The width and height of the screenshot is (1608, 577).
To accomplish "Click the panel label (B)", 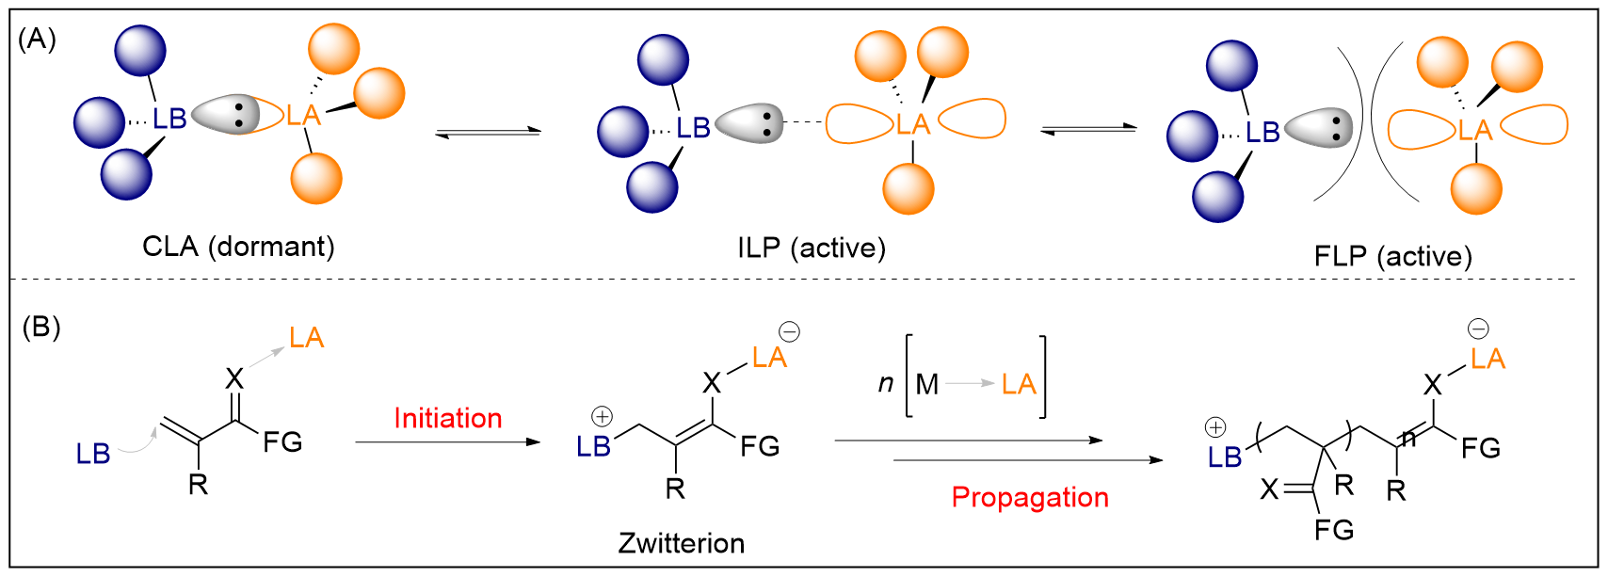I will [x=40, y=327].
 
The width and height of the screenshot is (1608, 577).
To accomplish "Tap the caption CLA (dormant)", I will [x=238, y=247].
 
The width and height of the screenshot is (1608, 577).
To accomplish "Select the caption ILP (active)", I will [x=812, y=248].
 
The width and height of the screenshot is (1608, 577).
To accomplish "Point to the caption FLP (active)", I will [x=1392, y=256].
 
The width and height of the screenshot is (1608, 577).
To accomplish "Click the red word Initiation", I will [x=447, y=418].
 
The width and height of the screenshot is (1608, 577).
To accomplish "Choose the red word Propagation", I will [x=1030, y=497].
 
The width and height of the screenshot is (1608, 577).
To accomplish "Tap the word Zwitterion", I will [x=681, y=543].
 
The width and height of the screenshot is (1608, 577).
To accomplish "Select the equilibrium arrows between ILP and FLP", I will [x=1088, y=129].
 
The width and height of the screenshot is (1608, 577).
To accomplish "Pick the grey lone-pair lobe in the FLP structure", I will [x=1318, y=128].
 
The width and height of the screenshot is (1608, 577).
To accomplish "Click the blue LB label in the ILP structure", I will [x=693, y=128].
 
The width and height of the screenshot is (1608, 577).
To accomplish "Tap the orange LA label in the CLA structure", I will [x=304, y=116].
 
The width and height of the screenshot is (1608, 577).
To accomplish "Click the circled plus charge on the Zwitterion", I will [x=602, y=416].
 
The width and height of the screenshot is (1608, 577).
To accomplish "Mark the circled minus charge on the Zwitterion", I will [x=789, y=331].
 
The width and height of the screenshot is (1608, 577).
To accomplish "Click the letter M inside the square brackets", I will [x=926, y=384].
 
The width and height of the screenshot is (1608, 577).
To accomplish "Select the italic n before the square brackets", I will [x=885, y=383].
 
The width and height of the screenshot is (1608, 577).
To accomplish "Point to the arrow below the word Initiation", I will [x=447, y=441].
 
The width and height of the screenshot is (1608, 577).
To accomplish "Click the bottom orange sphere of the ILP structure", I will [x=908, y=188].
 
